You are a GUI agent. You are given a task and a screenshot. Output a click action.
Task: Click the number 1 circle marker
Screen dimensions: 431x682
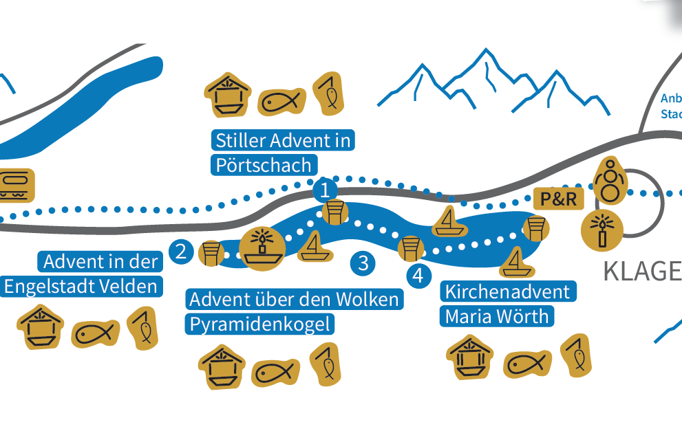[325, 190]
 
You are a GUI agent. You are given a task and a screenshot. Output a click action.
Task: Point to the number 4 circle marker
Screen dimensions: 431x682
[418, 276]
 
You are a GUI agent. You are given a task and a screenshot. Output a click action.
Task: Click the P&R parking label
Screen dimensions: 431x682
[559, 199]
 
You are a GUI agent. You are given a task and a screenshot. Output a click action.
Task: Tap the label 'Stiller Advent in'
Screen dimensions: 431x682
[283, 141]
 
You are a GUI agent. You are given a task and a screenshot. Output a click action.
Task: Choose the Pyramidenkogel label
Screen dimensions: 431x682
[259, 324]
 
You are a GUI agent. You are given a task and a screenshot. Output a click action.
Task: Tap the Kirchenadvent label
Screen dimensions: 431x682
[507, 291]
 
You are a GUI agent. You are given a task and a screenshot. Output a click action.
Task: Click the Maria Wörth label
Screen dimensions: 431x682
[497, 316]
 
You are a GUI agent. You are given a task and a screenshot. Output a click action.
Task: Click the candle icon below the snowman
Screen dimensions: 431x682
[602, 230]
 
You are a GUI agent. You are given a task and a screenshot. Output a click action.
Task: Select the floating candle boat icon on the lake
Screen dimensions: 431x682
[262, 248]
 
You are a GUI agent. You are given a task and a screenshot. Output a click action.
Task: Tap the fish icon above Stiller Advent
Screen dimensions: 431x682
[281, 102]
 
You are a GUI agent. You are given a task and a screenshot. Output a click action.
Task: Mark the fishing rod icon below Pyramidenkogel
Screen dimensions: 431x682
[326, 364]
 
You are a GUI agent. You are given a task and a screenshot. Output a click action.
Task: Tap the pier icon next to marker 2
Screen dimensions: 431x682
[211, 252]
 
